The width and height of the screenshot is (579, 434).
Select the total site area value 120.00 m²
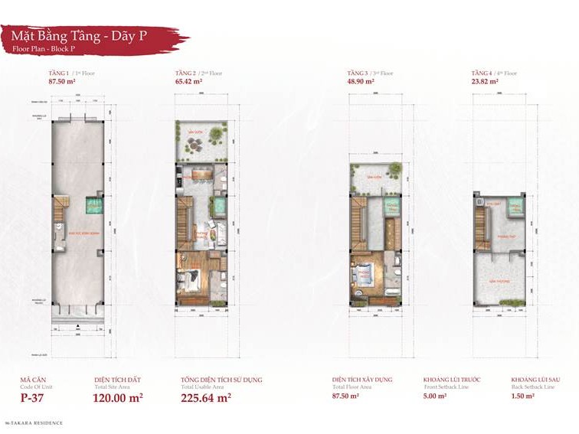pyautogui.click(x=118, y=397)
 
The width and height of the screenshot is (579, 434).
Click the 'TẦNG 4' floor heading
pyautogui.click(x=483, y=73)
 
